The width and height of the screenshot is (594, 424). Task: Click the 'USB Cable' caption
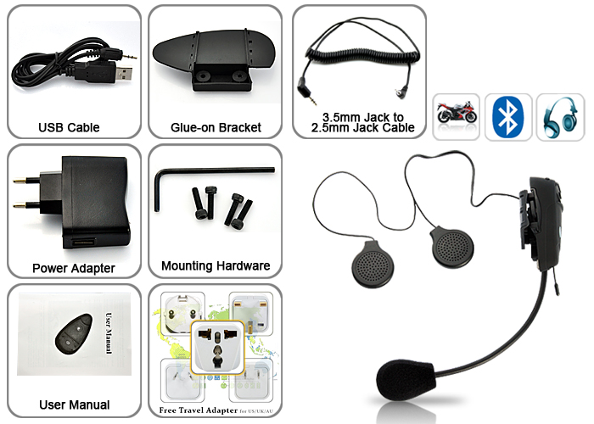[x=69, y=128]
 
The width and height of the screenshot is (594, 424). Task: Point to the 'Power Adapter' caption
[x=74, y=269]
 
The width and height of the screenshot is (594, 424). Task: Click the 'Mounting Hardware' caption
[x=216, y=266]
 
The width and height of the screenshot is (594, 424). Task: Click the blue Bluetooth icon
[x=507, y=115]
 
